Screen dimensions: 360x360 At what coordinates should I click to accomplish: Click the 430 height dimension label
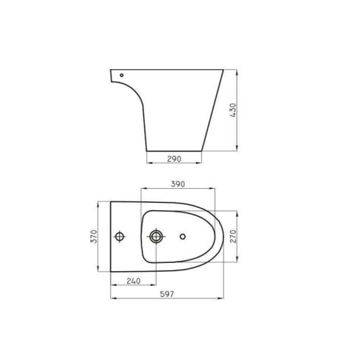coord(233,112)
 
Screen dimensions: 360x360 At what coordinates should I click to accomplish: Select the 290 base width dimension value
coord(173,159)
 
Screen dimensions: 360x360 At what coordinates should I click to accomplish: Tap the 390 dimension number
coord(176,184)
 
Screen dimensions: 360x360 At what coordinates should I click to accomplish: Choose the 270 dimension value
coord(233,235)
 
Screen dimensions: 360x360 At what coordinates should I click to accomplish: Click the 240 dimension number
coord(133,281)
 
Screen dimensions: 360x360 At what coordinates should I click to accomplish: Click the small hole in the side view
coord(120,75)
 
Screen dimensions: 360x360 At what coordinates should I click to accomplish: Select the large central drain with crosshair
coord(156,237)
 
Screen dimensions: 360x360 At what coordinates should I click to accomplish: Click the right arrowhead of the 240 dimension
coord(155,286)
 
